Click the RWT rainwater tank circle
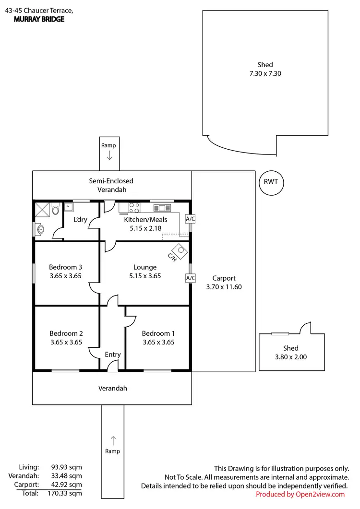pos(271,182)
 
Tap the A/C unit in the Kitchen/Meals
pos(190,219)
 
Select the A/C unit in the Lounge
pos(190,278)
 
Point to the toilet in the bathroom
pos(56,210)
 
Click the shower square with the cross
pos(42,210)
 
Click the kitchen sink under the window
pos(162,208)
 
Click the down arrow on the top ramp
pos(109,155)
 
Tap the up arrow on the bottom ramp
pos(113,439)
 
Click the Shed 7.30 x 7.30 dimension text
pos(264,73)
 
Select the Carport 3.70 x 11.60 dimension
pos(224,287)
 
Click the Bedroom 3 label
pos(66,267)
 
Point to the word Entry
pos(113,355)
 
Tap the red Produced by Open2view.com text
pos(300,494)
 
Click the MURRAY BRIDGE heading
pos(39,20)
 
